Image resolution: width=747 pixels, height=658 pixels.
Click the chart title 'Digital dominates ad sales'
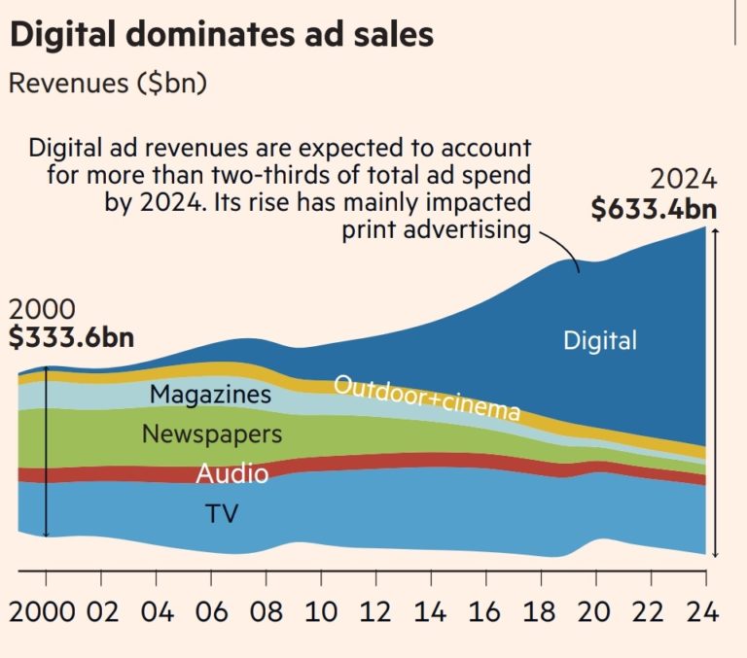click(x=221, y=35)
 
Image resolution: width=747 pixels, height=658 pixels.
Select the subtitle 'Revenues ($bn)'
click(x=107, y=84)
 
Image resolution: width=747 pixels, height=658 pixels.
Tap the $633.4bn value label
click(x=654, y=208)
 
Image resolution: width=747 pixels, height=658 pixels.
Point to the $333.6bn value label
click(x=71, y=337)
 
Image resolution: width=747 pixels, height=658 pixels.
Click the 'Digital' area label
click(x=600, y=340)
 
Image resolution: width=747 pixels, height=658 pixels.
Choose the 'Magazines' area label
click(x=210, y=395)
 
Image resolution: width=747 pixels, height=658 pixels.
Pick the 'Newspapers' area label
click(x=212, y=433)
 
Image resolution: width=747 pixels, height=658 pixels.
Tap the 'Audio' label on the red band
click(x=231, y=474)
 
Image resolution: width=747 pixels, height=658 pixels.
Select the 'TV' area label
click(x=221, y=513)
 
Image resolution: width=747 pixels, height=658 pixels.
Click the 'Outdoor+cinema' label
click(x=426, y=398)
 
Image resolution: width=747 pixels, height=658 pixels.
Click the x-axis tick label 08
click(x=267, y=612)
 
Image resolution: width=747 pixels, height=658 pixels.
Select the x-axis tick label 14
click(x=430, y=612)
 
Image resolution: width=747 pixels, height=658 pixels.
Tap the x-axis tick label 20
click(x=595, y=612)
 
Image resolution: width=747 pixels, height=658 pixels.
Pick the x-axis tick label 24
click(x=703, y=612)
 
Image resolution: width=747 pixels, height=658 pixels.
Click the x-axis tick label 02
click(x=101, y=612)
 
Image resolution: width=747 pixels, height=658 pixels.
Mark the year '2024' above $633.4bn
click(x=684, y=180)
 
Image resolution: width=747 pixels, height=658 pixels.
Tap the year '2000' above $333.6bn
click(x=42, y=309)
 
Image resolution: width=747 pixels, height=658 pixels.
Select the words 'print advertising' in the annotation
click(x=437, y=230)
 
